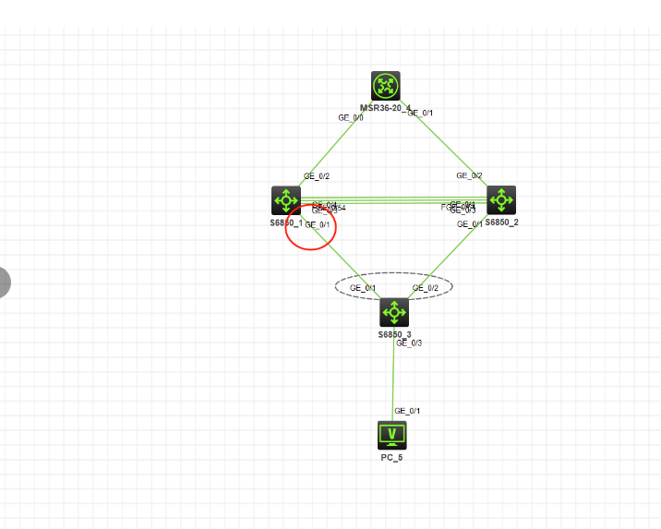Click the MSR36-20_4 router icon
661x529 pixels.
coord(386,86)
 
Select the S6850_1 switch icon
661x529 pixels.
coord(286,200)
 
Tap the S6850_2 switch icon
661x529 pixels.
coord(501,199)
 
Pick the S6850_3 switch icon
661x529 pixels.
coord(394,312)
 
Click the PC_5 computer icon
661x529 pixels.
coord(392,434)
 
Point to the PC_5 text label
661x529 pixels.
coord(392,458)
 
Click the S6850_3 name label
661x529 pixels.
coord(394,334)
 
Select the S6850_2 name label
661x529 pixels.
coord(501,222)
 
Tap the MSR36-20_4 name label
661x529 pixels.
coord(385,108)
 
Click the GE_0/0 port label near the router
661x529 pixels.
coord(351,118)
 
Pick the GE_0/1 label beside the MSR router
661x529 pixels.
coord(420,114)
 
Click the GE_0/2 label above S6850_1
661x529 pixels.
coord(317,175)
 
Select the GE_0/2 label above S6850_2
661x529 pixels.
coord(469,175)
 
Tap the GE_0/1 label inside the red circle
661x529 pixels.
coord(318,224)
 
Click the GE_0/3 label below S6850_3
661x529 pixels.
coord(409,343)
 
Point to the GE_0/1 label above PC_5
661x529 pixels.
coord(407,411)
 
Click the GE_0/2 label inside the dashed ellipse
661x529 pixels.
coord(426,288)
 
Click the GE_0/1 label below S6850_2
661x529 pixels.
coord(470,223)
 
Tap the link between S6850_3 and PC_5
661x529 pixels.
coord(393,379)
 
